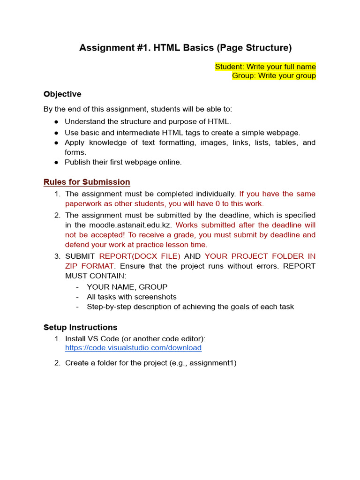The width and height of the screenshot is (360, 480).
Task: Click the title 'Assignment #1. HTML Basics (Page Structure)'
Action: point(185,48)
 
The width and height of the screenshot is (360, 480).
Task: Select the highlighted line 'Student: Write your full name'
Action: point(265,67)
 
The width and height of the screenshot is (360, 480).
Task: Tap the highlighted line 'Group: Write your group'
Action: point(274,75)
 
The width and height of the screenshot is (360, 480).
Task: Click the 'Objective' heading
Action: point(62,94)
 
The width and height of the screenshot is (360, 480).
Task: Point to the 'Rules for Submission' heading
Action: point(87,182)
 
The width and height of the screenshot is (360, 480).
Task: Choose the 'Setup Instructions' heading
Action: point(81,327)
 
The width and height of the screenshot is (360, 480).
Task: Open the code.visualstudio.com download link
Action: point(133,348)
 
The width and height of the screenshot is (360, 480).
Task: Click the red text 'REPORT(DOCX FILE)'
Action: point(140,256)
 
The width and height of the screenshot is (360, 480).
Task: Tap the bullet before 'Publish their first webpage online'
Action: point(56,163)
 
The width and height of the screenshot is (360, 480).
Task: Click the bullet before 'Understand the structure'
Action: point(56,122)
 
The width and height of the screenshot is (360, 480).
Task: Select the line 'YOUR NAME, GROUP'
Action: point(127,287)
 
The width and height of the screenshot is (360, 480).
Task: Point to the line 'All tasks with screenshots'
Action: point(132,297)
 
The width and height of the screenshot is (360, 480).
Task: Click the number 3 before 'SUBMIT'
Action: point(57,256)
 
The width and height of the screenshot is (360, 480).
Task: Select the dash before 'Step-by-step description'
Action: point(77,307)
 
